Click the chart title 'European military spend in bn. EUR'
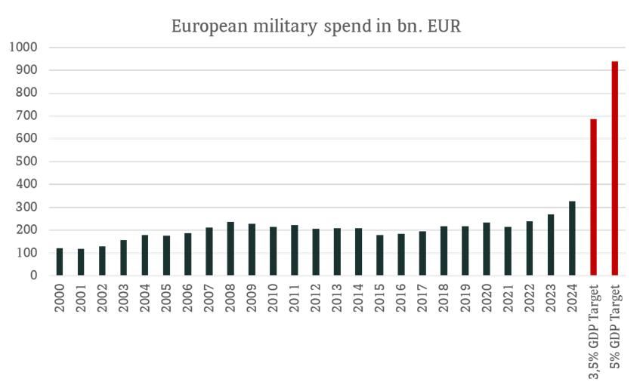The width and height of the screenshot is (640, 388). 316,26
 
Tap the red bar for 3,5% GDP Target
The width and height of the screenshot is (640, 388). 593,197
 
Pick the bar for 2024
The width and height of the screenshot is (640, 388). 572,238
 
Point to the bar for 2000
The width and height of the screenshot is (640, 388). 60,261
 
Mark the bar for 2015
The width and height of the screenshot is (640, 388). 380,255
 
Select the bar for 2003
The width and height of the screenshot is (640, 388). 124,257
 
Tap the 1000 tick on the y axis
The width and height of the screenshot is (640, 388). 25,48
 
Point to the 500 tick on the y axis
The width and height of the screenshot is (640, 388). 28,162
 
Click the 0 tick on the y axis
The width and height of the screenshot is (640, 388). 34,276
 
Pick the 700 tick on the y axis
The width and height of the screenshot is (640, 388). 28,116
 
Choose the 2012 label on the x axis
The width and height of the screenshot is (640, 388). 316,296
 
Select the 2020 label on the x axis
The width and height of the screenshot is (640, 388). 487,296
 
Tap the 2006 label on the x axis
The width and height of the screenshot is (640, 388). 188,296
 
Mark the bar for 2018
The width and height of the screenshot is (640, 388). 444,251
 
